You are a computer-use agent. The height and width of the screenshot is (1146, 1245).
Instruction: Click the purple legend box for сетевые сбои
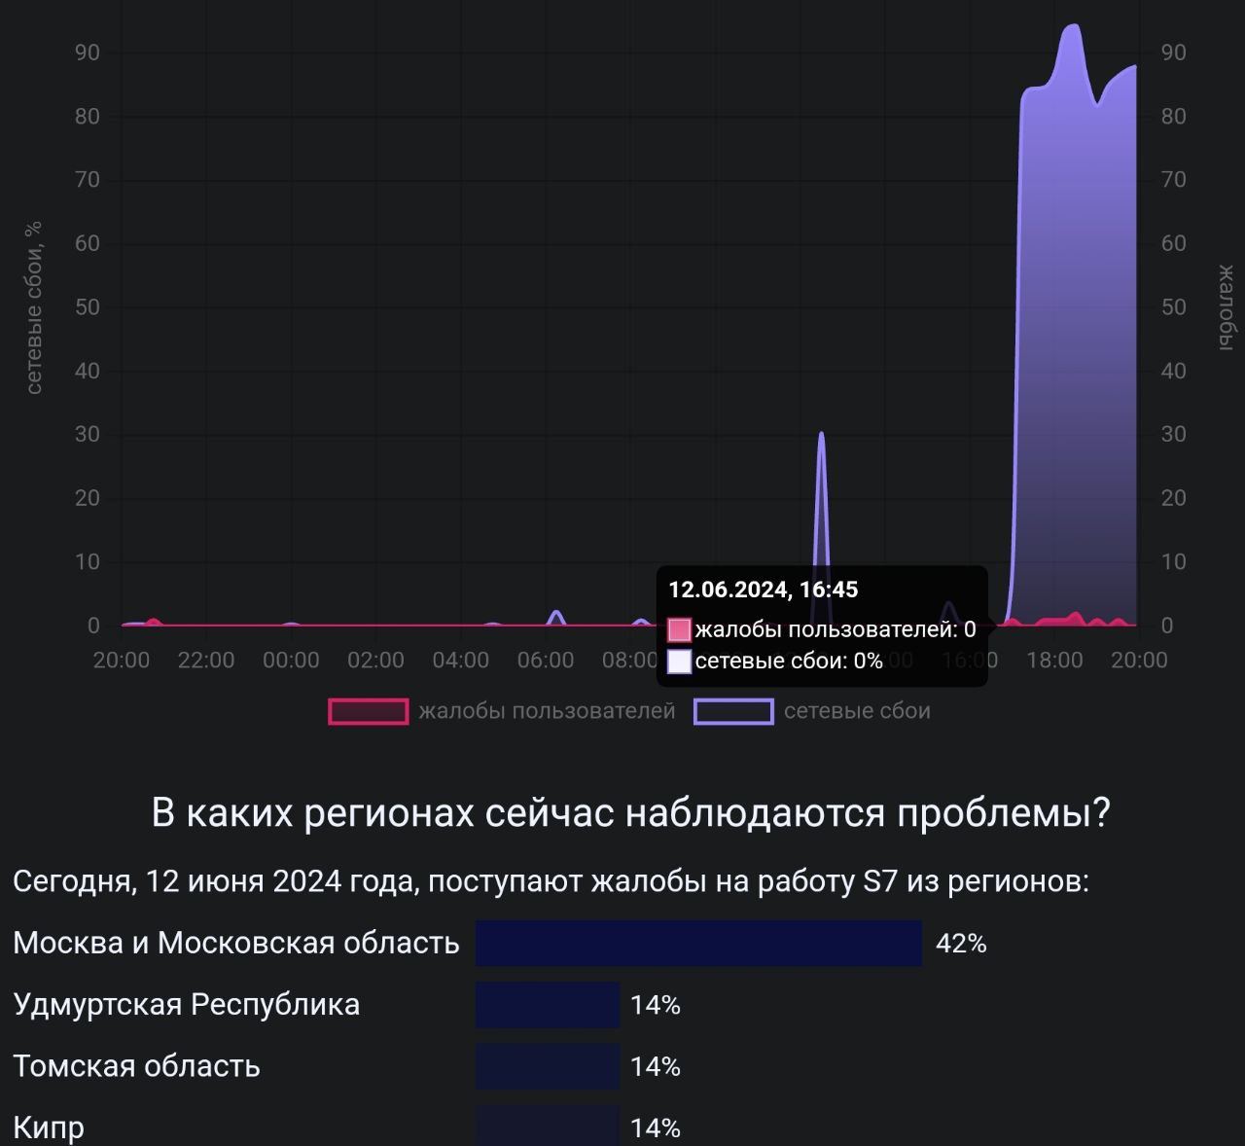(x=733, y=712)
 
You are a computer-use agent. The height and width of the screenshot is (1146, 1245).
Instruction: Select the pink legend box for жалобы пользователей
(x=369, y=712)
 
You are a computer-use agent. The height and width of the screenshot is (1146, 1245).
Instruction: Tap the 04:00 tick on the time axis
(x=461, y=661)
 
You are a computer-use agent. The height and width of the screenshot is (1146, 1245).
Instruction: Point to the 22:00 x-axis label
(x=206, y=661)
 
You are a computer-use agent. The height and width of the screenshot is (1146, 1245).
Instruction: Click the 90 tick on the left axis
(x=88, y=53)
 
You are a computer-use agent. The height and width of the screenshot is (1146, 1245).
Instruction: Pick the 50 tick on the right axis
(x=1174, y=307)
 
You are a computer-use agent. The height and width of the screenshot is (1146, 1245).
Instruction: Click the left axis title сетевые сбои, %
(x=34, y=307)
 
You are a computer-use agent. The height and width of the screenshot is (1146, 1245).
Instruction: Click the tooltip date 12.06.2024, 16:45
(x=764, y=590)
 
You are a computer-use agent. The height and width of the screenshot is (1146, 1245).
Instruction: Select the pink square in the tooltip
(x=680, y=629)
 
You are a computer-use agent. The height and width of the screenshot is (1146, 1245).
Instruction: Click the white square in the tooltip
(x=680, y=662)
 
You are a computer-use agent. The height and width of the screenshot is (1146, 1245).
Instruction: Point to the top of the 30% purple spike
(x=822, y=434)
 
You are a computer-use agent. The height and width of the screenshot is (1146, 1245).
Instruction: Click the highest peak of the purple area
(x=1073, y=26)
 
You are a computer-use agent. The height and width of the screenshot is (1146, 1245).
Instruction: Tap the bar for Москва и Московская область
(x=698, y=943)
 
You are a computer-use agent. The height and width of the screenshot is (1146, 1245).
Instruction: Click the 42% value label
(x=961, y=944)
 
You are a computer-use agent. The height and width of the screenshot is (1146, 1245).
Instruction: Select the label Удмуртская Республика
(x=187, y=1004)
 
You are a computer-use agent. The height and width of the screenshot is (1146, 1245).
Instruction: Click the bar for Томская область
(x=548, y=1066)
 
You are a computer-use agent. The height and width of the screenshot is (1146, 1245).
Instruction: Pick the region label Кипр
(x=49, y=1128)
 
